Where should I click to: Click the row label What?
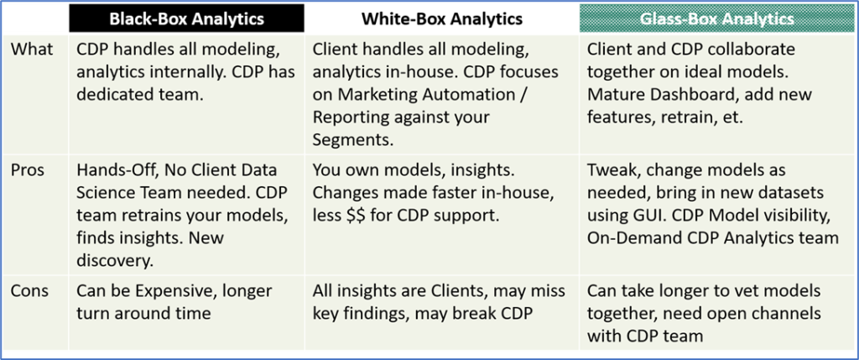pos(33,50)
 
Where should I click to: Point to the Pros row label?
pos(29,170)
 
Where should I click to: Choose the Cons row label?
pos(30,290)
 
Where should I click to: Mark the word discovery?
pos(114,261)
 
